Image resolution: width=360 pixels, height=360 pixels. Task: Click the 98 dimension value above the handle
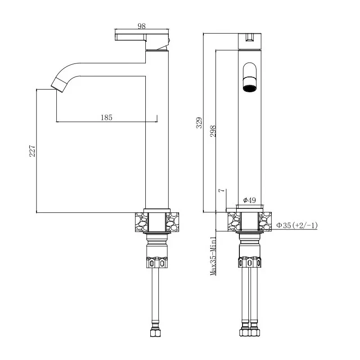pos(142,26)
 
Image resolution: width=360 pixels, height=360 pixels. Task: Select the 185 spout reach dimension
pos(107,117)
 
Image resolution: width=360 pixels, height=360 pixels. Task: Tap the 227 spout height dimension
pos(32,151)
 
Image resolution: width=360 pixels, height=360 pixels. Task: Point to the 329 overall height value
pos(199,122)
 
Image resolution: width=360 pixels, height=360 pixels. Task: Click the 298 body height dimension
pos(213,131)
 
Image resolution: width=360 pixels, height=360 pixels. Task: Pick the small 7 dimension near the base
pos(221,190)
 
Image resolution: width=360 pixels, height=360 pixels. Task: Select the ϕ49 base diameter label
pos(250,200)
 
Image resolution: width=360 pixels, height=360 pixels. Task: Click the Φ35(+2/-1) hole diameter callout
pos(297,225)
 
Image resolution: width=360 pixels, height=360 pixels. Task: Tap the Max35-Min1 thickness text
pos(213,256)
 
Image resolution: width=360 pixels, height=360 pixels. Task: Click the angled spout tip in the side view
pos(58,85)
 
